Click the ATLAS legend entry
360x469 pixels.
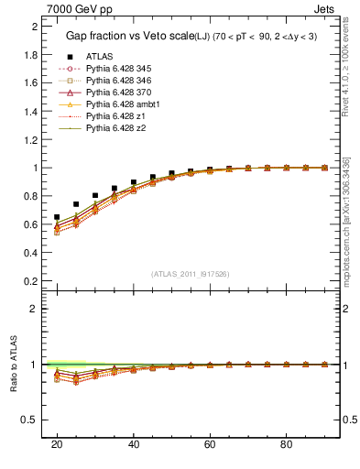pyautogui.click(x=99, y=56)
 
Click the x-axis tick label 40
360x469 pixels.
pyautogui.click(x=134, y=444)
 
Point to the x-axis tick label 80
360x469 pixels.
pyautogui.click(x=287, y=444)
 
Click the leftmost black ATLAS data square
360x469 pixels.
pyautogui.click(x=57, y=217)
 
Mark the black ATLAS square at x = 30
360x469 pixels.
pyautogui.click(x=95, y=195)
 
